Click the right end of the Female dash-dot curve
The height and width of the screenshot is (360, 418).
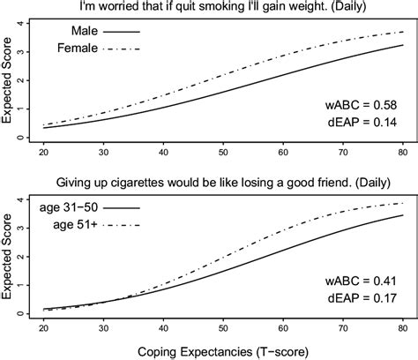404,32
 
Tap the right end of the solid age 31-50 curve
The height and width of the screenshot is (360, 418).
404,215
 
